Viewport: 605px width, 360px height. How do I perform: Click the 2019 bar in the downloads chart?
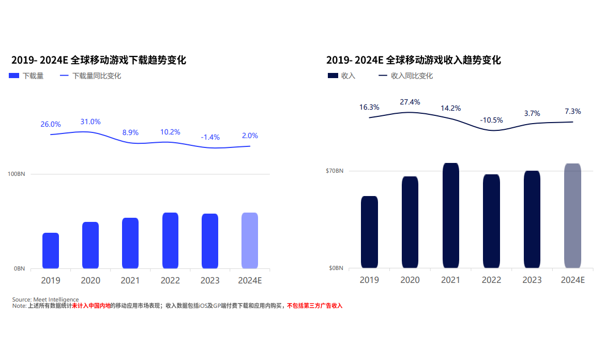tap(51, 251)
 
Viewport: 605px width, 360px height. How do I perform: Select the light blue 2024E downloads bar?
tap(250, 241)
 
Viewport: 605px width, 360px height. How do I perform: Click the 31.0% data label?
tap(90, 122)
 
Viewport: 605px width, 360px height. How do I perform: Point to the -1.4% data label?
tap(210, 137)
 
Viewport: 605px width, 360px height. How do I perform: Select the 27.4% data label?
tap(410, 102)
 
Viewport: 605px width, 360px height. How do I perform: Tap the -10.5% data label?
tap(491, 120)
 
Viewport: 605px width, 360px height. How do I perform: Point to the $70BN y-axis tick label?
tap(334, 171)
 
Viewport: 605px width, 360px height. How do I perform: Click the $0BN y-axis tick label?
tap(336, 268)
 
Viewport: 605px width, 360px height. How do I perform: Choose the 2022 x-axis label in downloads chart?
tap(170, 281)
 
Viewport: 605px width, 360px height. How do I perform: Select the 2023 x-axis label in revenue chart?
tap(532, 280)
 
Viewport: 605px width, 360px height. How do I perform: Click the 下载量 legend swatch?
tap(14, 76)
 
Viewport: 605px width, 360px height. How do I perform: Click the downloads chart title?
tap(99, 60)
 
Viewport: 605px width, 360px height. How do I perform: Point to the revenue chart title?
tap(414, 60)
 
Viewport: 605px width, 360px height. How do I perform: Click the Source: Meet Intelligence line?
tap(46, 299)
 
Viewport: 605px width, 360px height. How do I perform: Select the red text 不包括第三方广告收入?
tap(315, 306)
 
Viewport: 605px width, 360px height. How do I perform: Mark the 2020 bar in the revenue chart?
tap(410, 222)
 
